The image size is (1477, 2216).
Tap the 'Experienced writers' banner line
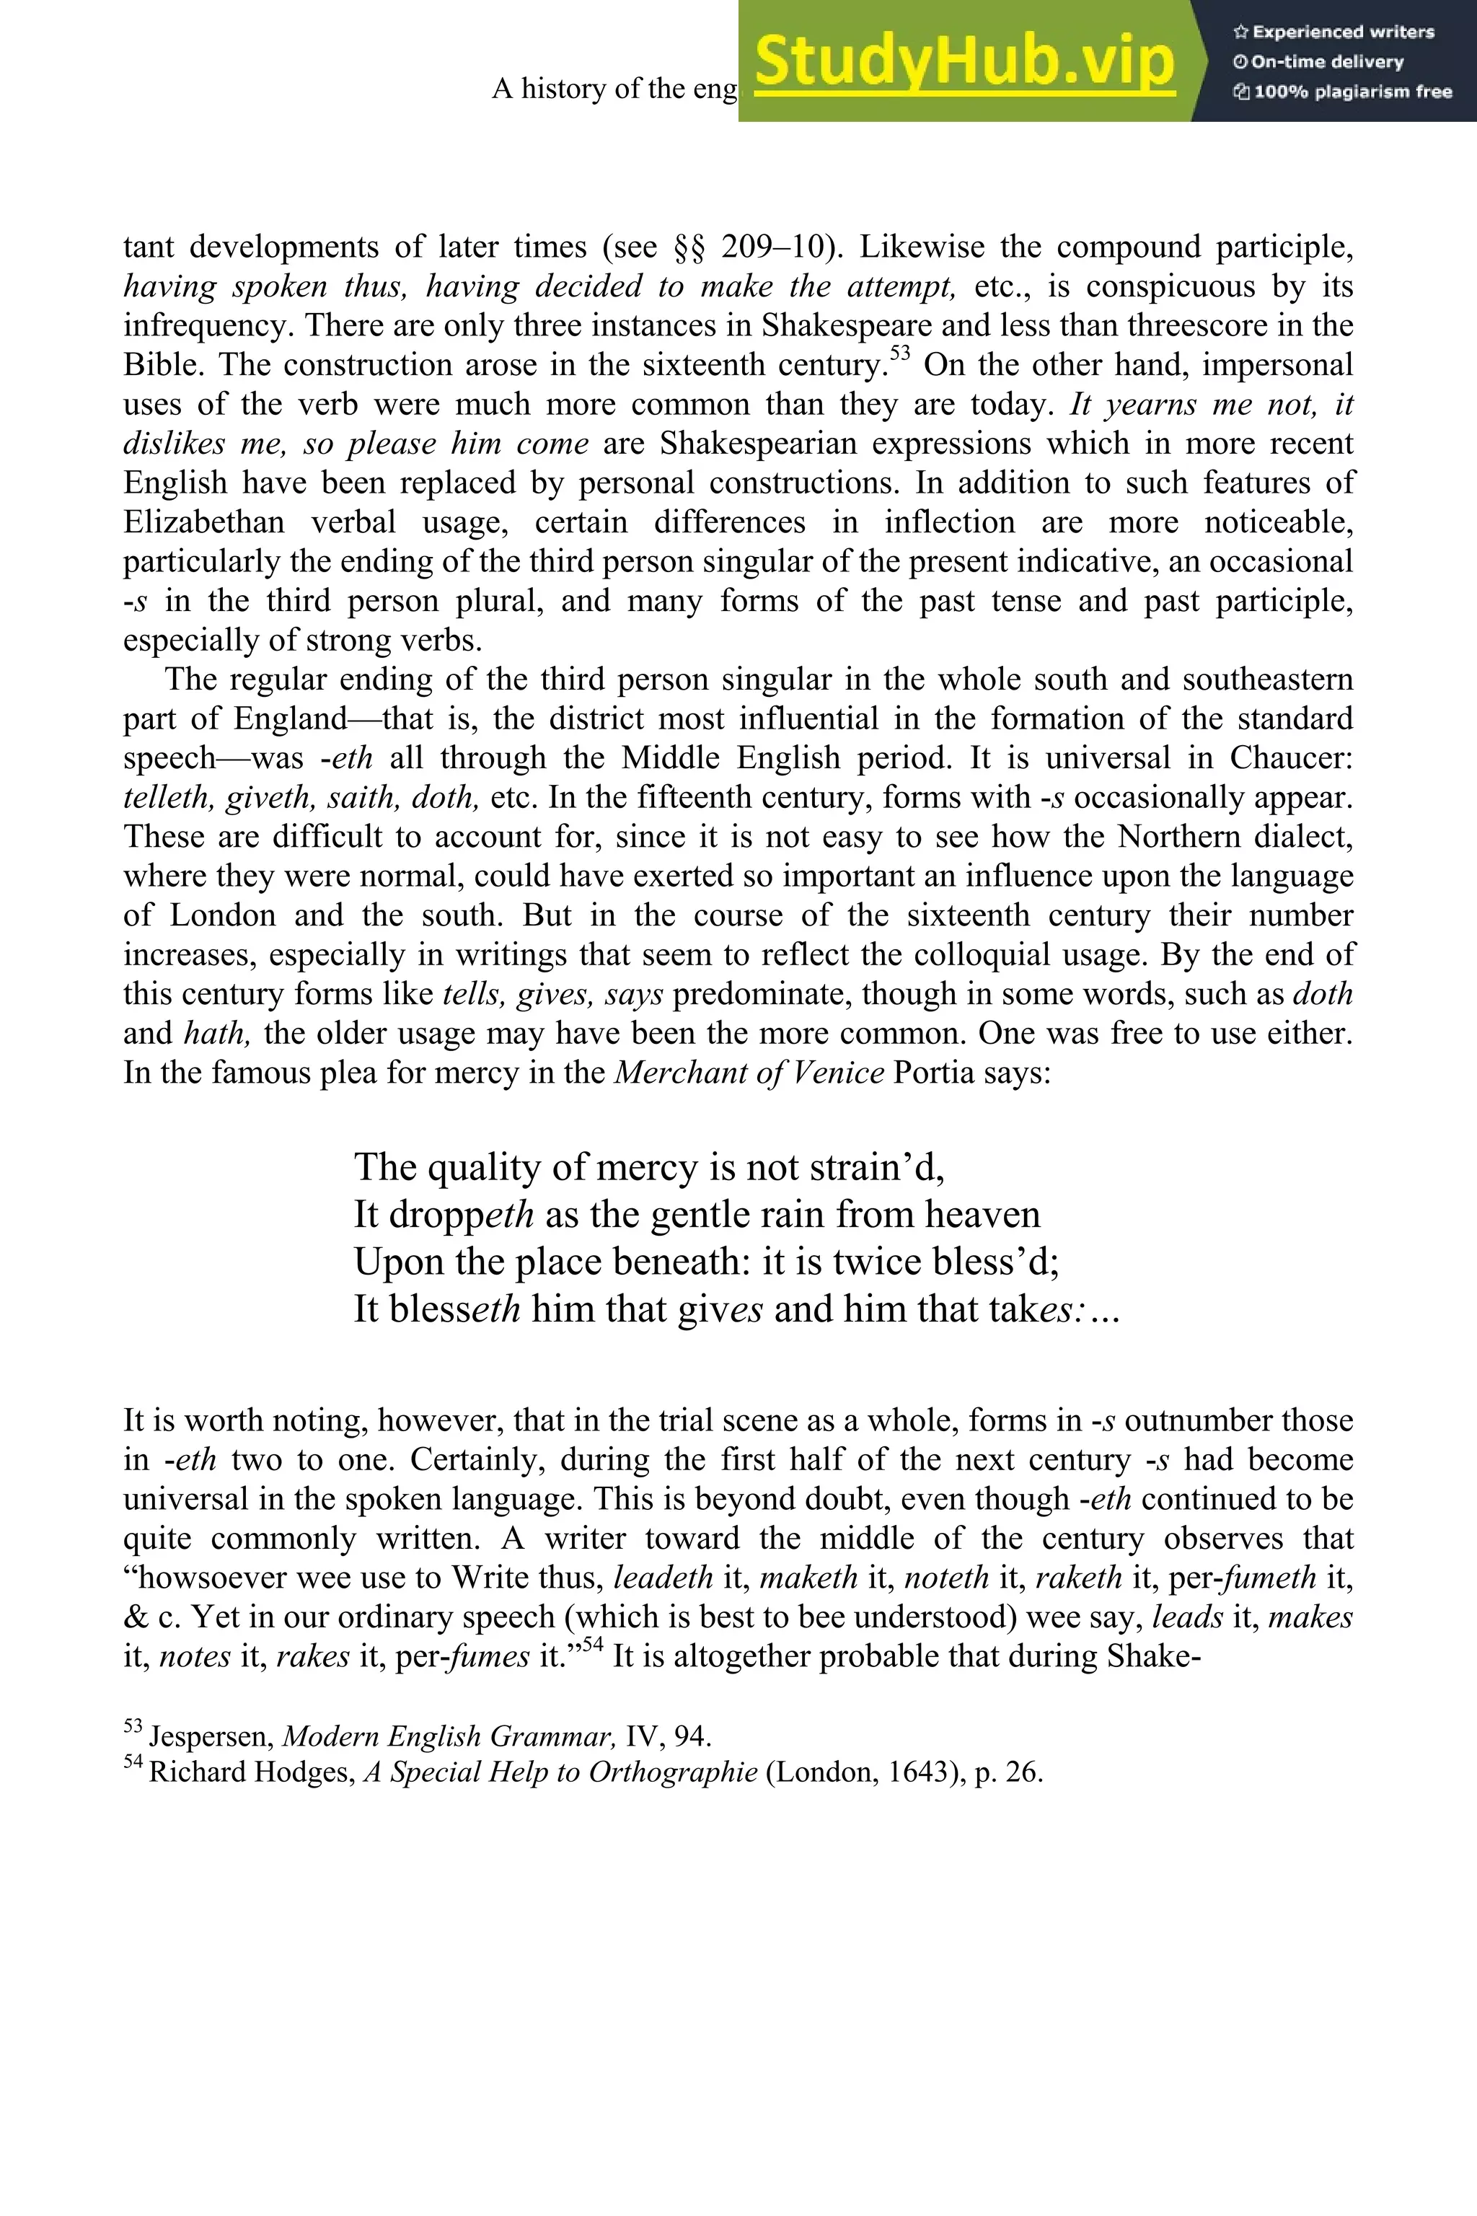[x=1333, y=32]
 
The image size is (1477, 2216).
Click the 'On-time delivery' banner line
[x=1319, y=62]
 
